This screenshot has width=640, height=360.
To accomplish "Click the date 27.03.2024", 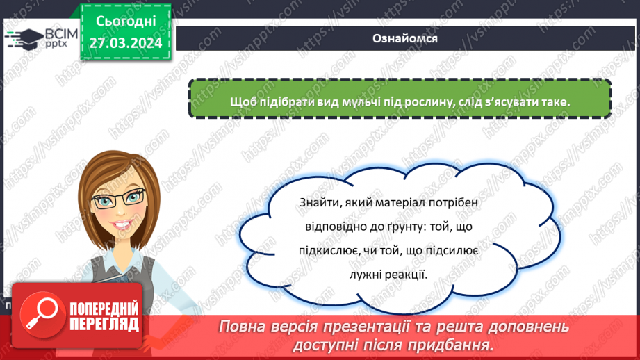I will (x=126, y=42).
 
